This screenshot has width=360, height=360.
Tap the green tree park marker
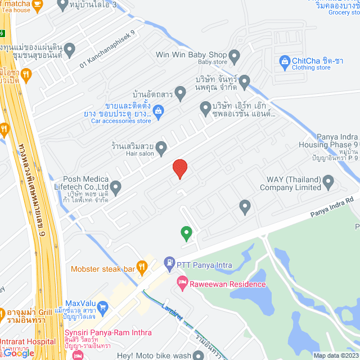[x=186, y=232]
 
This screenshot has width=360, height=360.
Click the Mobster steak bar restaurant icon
[x=142, y=269]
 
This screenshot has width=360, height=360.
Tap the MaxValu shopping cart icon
[x=102, y=307]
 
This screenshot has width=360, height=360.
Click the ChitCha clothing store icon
[x=284, y=61]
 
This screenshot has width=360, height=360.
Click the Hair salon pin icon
[x=161, y=148]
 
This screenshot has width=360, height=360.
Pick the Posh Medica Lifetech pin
[x=115, y=186]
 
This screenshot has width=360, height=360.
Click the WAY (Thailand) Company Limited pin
[x=328, y=182]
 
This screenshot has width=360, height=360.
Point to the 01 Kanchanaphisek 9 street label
[x=107, y=51]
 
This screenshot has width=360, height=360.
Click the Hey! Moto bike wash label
[x=154, y=355]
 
